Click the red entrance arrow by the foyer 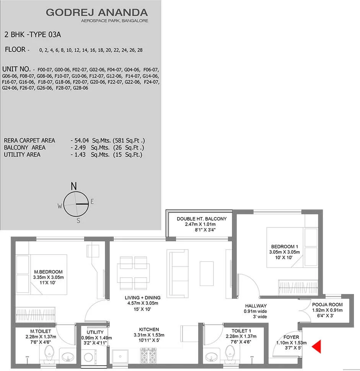(316, 346)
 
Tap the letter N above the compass (74, 186)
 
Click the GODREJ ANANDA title (97, 12)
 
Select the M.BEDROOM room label (48, 272)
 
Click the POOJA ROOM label (327, 305)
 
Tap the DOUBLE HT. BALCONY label (202, 219)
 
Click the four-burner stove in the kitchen (148, 356)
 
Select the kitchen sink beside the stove (121, 356)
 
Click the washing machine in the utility (88, 357)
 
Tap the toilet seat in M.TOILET (49, 354)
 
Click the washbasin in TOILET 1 (211, 357)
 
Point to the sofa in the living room (178, 273)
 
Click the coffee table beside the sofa (207, 273)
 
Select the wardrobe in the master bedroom (36, 314)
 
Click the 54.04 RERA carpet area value (81, 141)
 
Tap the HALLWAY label (256, 306)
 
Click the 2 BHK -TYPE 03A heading (33, 34)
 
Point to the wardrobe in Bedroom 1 (298, 287)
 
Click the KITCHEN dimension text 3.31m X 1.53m (149, 335)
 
